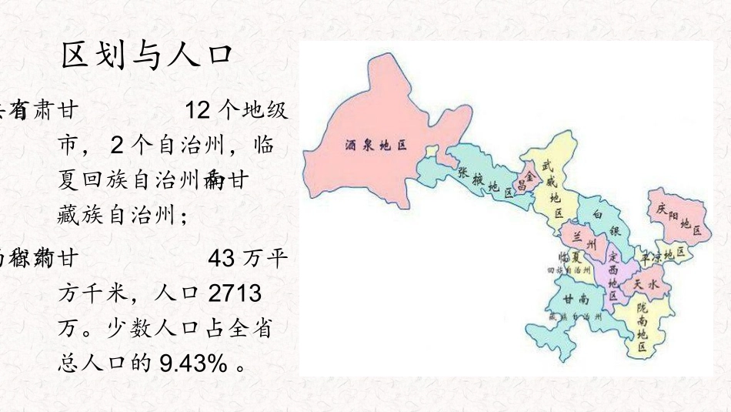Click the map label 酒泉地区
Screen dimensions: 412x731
[x=375, y=145]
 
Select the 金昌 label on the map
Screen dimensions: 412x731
[x=526, y=179]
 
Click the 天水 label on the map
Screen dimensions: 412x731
[x=645, y=284]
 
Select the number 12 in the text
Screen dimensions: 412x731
[x=199, y=111]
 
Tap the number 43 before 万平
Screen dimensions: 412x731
[x=222, y=258]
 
